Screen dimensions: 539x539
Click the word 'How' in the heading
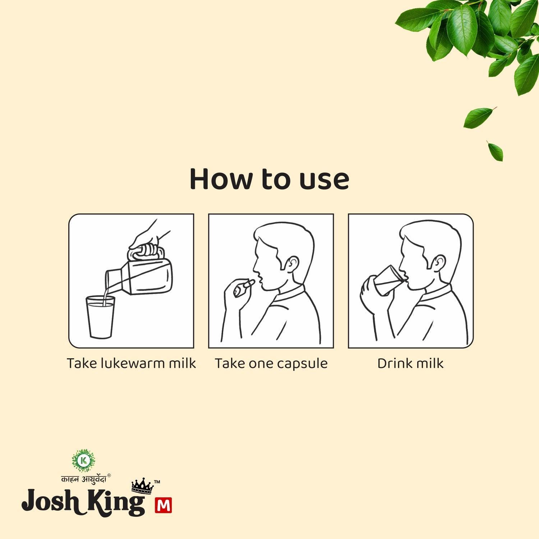[220, 179]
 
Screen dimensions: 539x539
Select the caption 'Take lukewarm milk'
[132, 363]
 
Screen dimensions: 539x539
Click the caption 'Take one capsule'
[271, 364]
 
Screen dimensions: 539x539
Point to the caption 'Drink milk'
[410, 363]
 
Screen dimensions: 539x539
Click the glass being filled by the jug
[100, 317]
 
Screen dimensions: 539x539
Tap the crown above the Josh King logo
[143, 486]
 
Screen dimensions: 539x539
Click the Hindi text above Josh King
[84, 479]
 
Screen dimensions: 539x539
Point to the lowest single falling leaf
[495, 151]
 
